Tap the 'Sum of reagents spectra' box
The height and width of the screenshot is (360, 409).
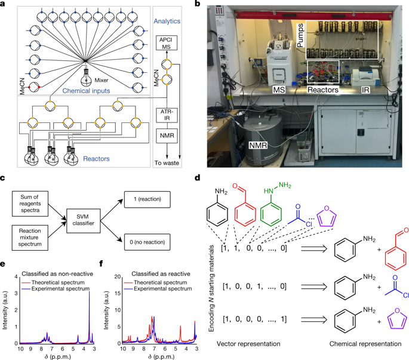click(x=29, y=198)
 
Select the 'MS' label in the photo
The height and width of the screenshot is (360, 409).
click(x=278, y=90)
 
